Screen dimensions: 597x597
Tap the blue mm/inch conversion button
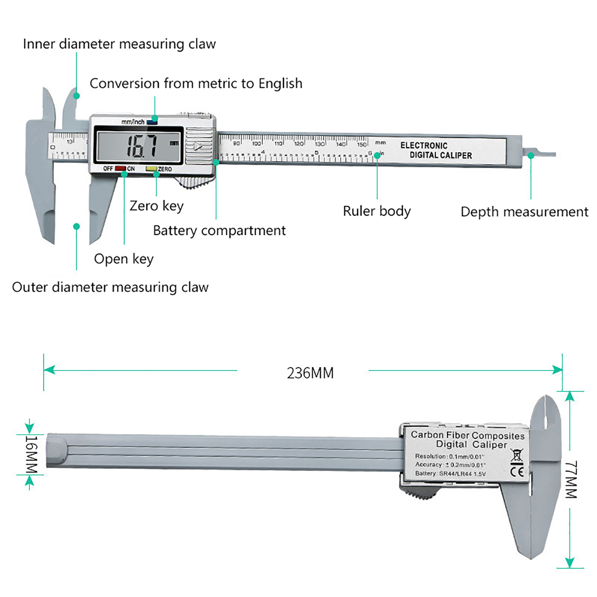click(x=152, y=122)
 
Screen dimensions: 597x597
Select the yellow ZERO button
click(x=151, y=169)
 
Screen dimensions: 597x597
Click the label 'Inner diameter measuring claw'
click(x=119, y=44)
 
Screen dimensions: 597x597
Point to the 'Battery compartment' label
click(x=219, y=231)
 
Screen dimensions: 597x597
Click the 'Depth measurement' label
click(x=524, y=212)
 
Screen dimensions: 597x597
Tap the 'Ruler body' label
click(x=376, y=211)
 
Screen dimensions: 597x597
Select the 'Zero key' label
click(x=156, y=206)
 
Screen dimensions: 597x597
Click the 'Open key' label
click(x=124, y=259)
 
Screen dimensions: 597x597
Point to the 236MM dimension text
click(x=310, y=373)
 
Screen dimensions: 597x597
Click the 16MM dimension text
click(x=31, y=454)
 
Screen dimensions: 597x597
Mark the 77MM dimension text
click(x=571, y=480)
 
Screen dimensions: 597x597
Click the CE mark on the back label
click(x=517, y=471)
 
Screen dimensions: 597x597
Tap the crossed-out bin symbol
click(x=517, y=456)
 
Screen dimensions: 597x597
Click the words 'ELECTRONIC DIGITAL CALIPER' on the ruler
click(x=436, y=150)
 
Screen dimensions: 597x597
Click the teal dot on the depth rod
click(x=531, y=156)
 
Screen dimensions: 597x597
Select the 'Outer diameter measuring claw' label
click(x=110, y=287)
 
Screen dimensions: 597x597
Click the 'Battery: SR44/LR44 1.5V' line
click(x=450, y=473)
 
